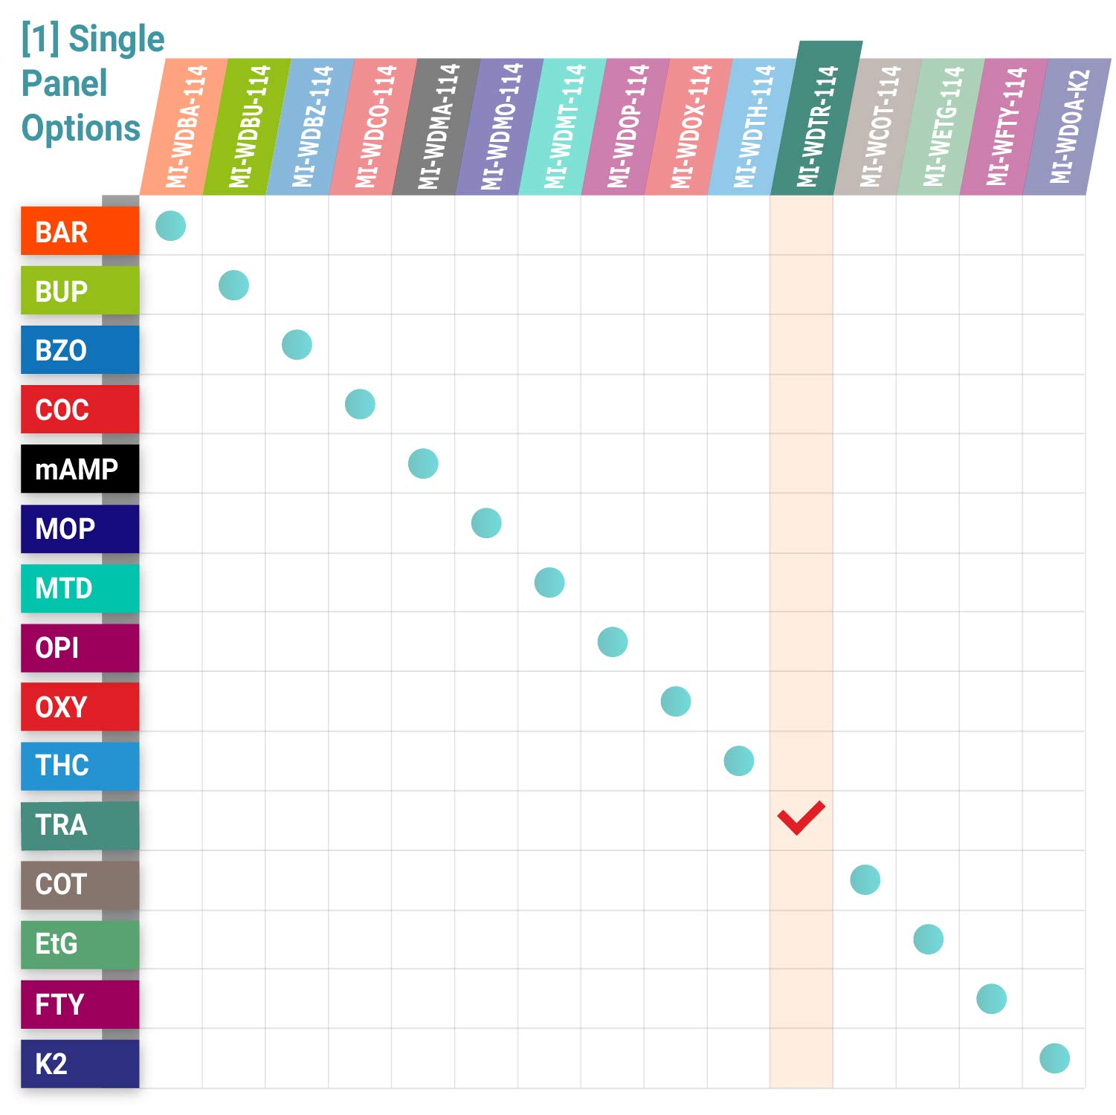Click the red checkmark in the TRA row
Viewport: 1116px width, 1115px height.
[x=801, y=818]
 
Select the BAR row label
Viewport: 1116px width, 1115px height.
[x=80, y=231]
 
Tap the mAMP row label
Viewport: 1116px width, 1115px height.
[x=80, y=469]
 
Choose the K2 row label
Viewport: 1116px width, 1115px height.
[x=80, y=1064]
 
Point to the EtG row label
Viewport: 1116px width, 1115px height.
[x=80, y=944]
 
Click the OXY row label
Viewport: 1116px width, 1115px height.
[x=80, y=707]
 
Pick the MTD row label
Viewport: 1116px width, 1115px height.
[x=80, y=588]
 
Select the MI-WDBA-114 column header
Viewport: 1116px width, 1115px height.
[x=185, y=126]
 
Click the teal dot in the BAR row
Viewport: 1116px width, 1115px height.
[x=170, y=226]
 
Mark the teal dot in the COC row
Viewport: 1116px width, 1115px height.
[x=360, y=404]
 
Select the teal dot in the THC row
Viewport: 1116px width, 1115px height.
[x=738, y=760]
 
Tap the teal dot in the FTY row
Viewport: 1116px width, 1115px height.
[x=991, y=998]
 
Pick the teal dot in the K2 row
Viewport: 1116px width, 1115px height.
[x=1054, y=1058]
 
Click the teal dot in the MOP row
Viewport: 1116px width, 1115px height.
[x=486, y=523]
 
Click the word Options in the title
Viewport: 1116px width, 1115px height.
[x=81, y=128]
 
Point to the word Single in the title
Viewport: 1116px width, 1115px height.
[x=116, y=39]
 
